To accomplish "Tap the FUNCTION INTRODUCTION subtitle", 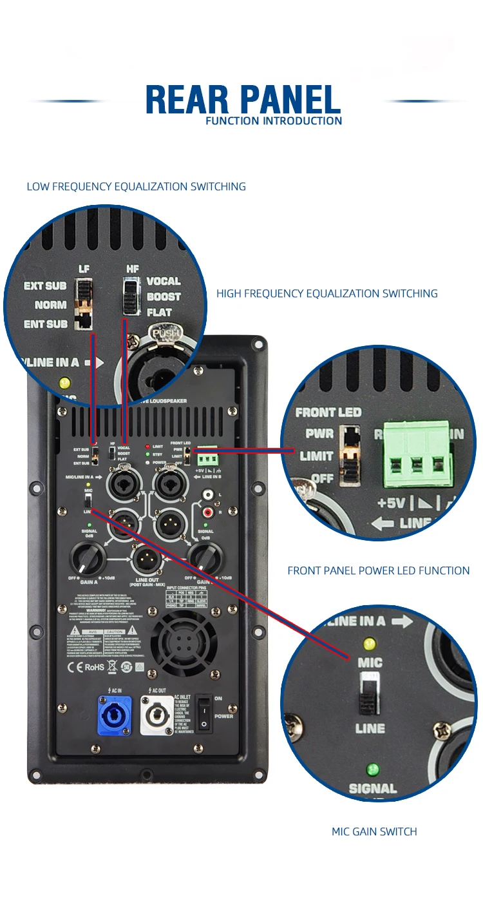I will point(274,121).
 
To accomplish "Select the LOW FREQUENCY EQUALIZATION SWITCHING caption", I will point(136,186).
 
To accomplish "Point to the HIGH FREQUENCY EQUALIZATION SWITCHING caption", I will point(327,293).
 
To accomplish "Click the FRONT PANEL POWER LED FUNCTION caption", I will point(378,570).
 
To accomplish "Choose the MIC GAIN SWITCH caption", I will point(374,831).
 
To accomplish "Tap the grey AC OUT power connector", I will point(154,715).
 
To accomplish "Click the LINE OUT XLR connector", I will point(146,559).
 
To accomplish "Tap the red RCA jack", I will point(208,512).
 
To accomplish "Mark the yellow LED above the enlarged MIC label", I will point(369,643).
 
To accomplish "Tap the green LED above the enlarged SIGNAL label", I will point(372,770).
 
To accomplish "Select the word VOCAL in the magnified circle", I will point(164,281).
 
